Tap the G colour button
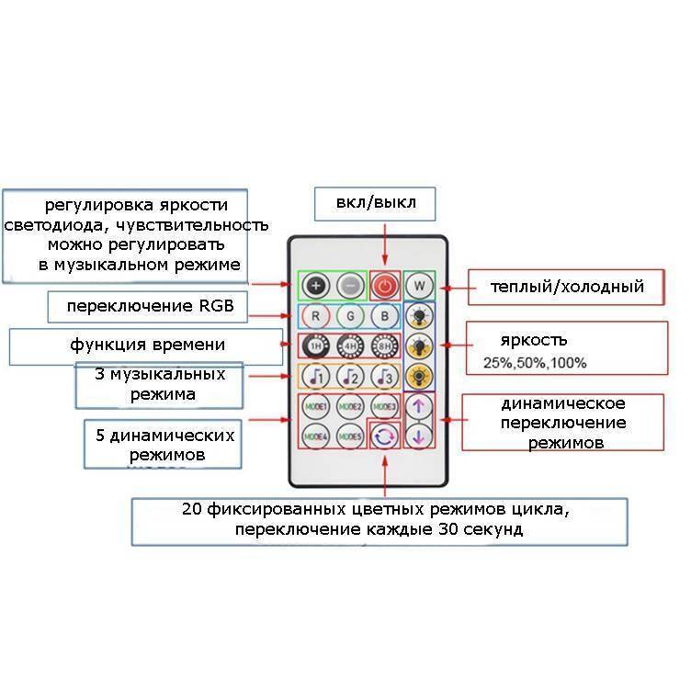coord(350,316)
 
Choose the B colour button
coord(385,316)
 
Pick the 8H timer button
coord(385,346)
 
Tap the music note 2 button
coord(350,377)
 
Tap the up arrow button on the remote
coord(419,405)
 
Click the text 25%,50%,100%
coord(535,364)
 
